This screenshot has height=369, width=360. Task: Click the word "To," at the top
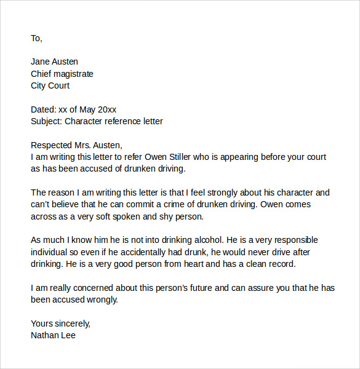pos(36,38)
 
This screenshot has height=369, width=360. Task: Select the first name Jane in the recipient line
pos(41,61)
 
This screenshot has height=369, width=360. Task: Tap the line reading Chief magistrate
pos(62,74)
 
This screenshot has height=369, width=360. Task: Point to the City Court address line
pos(50,85)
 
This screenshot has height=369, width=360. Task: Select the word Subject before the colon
pos(45,121)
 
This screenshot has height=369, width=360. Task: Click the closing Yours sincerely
pos(60,323)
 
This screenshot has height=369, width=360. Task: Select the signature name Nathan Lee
pos(53,335)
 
